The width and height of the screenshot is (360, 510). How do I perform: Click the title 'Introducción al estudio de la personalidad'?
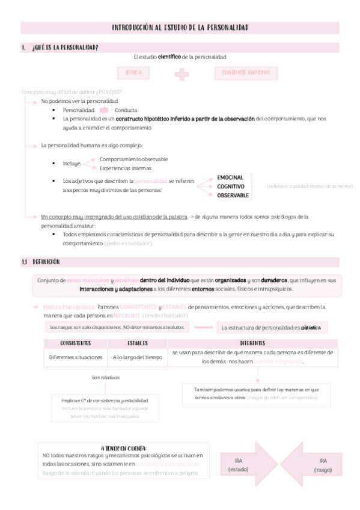[180, 28]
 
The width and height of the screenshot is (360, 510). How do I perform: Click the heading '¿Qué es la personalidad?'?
[65, 48]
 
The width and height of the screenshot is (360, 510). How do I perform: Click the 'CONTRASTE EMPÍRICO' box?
[246, 73]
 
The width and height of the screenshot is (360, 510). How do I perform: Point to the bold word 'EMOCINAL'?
[230, 178]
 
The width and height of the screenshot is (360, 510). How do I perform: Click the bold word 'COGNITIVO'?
[231, 187]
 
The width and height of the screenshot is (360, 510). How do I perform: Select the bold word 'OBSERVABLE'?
[233, 196]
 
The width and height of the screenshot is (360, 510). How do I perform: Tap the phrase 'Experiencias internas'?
[126, 168]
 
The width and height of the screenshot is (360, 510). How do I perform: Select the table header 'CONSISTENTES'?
[76, 343]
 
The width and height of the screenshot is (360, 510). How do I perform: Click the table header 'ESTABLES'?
[137, 343]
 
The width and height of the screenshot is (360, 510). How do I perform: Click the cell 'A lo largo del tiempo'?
[137, 357]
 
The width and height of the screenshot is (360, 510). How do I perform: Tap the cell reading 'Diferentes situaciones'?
[76, 357]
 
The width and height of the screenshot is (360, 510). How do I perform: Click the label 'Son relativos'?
[106, 378]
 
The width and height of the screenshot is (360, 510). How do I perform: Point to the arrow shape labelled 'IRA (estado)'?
[239, 464]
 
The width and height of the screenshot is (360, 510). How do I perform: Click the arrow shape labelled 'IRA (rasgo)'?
[317, 464]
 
